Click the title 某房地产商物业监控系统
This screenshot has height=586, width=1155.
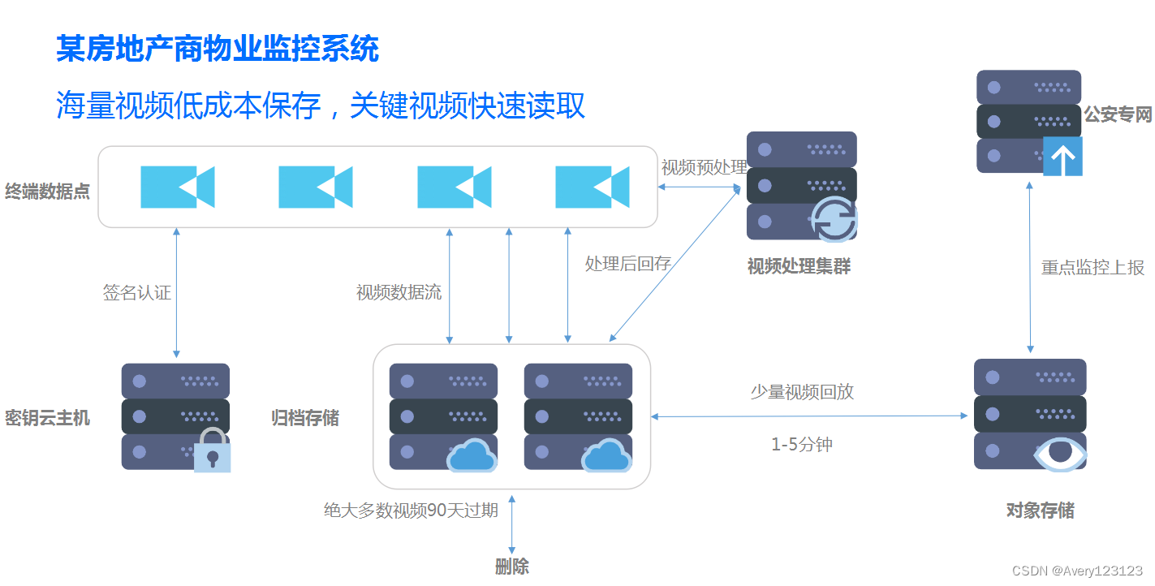point(218,50)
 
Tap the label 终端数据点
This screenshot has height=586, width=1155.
point(47,192)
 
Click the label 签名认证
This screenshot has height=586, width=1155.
point(137,293)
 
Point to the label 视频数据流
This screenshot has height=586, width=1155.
point(399,293)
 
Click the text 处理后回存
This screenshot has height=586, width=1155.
point(627,263)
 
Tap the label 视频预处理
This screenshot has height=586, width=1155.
point(704,168)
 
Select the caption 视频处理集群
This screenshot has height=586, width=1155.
point(799,266)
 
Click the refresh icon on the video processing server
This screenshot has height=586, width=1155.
point(835,219)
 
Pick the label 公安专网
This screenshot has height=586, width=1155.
point(1118,114)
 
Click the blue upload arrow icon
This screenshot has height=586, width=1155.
point(1062,157)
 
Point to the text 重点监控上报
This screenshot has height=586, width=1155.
point(1093,268)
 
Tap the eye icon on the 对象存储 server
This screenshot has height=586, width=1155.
point(1059,455)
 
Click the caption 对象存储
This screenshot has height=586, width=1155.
point(1040,511)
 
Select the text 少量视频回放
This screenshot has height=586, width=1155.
point(802,392)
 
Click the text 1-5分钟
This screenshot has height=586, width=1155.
point(801,445)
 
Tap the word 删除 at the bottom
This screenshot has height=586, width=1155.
point(512,567)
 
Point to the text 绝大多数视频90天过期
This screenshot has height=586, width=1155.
point(411,511)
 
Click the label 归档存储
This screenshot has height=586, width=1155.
point(305,418)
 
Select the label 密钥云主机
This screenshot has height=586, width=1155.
point(47,418)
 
